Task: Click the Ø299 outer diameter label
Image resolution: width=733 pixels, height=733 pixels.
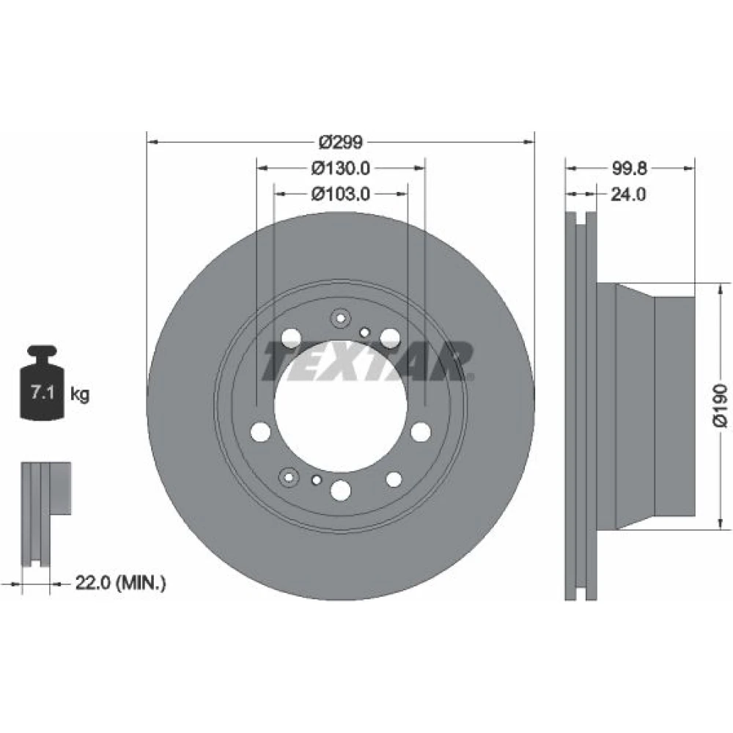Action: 340,142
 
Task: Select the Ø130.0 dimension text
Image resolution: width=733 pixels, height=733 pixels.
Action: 341,168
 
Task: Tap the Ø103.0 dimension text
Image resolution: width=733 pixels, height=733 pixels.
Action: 341,194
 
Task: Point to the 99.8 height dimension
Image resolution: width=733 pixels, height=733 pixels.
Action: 629,169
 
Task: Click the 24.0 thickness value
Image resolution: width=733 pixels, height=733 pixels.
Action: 628,194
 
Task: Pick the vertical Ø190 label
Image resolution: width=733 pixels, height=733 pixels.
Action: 721,405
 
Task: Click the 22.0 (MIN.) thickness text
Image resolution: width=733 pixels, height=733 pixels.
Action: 121,583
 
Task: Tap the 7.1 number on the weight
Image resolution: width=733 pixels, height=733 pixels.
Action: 43,391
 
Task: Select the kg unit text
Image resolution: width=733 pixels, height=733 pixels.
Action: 79,394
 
